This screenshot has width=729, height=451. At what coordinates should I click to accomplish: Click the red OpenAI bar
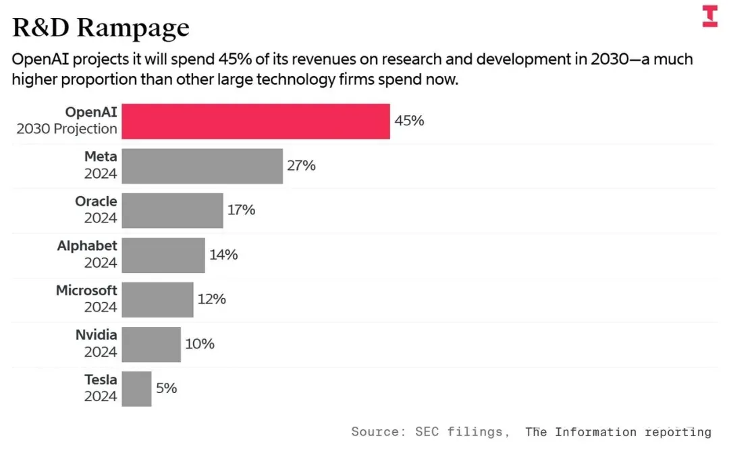[x=256, y=121]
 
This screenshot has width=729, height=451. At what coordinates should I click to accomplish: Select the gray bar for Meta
[x=202, y=166]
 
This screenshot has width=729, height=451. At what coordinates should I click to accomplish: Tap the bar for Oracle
[x=172, y=210]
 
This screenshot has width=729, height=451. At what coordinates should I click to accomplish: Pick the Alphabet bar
[x=163, y=255]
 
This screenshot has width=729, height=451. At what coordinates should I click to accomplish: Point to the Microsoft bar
[x=157, y=299]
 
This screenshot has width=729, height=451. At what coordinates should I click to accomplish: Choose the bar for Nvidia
[x=151, y=344]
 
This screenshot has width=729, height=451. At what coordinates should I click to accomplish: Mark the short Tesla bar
[x=136, y=388]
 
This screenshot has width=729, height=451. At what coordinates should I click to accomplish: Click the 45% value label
[x=409, y=121]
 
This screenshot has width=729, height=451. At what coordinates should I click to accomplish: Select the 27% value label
[x=301, y=165]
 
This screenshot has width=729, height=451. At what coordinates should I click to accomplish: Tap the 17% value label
[x=241, y=210]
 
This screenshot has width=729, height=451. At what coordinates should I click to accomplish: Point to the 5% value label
[x=166, y=388]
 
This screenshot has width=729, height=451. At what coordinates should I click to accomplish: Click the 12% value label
[x=211, y=299]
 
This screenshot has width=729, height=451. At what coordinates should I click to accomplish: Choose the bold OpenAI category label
[x=91, y=113]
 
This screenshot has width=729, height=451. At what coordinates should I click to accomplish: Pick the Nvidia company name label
[x=96, y=335]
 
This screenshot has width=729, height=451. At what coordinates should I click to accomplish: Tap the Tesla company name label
[x=101, y=380]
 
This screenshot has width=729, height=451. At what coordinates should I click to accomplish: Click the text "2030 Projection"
[x=67, y=129]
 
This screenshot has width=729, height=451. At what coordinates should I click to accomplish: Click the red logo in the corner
[x=709, y=16]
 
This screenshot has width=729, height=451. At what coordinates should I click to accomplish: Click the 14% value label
[x=223, y=255]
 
